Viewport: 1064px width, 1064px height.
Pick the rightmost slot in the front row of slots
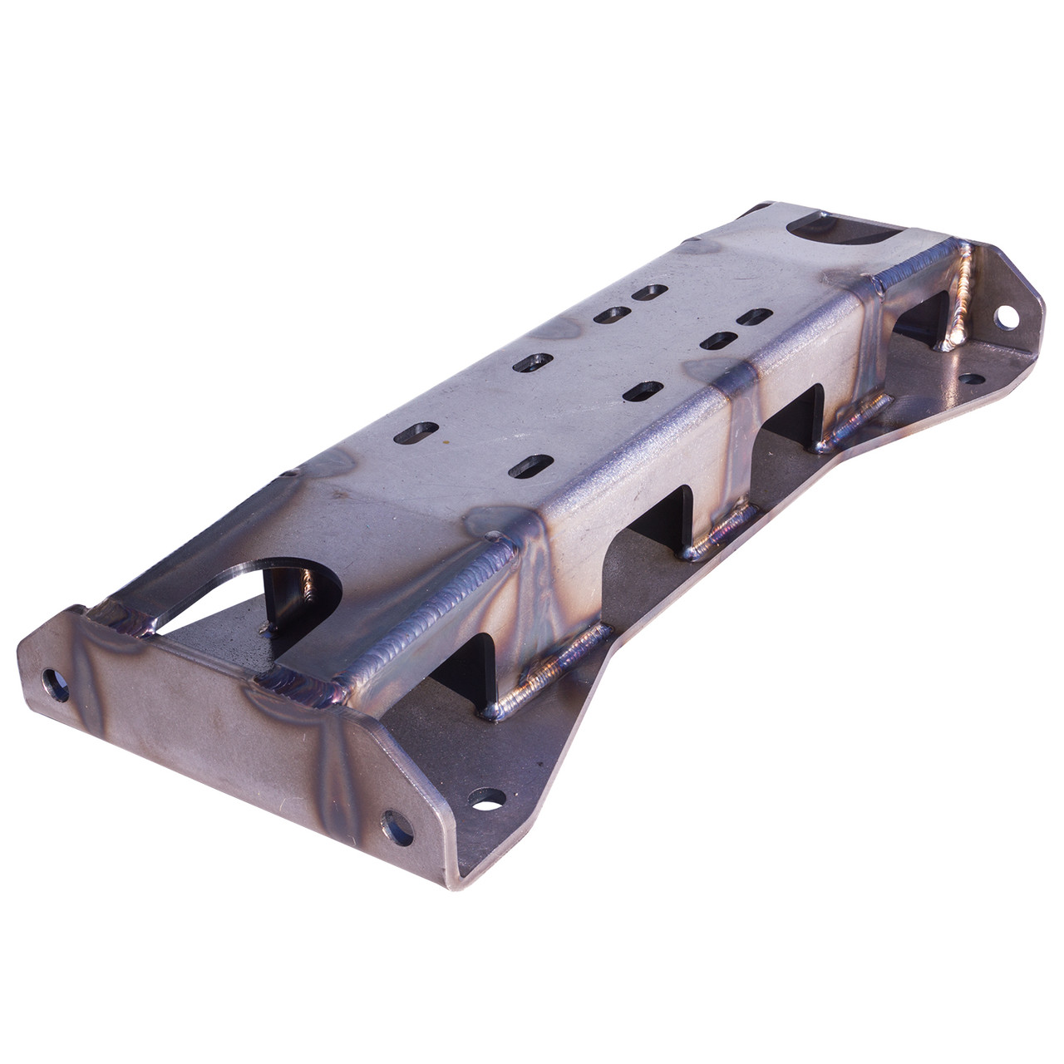(x=755, y=318)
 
